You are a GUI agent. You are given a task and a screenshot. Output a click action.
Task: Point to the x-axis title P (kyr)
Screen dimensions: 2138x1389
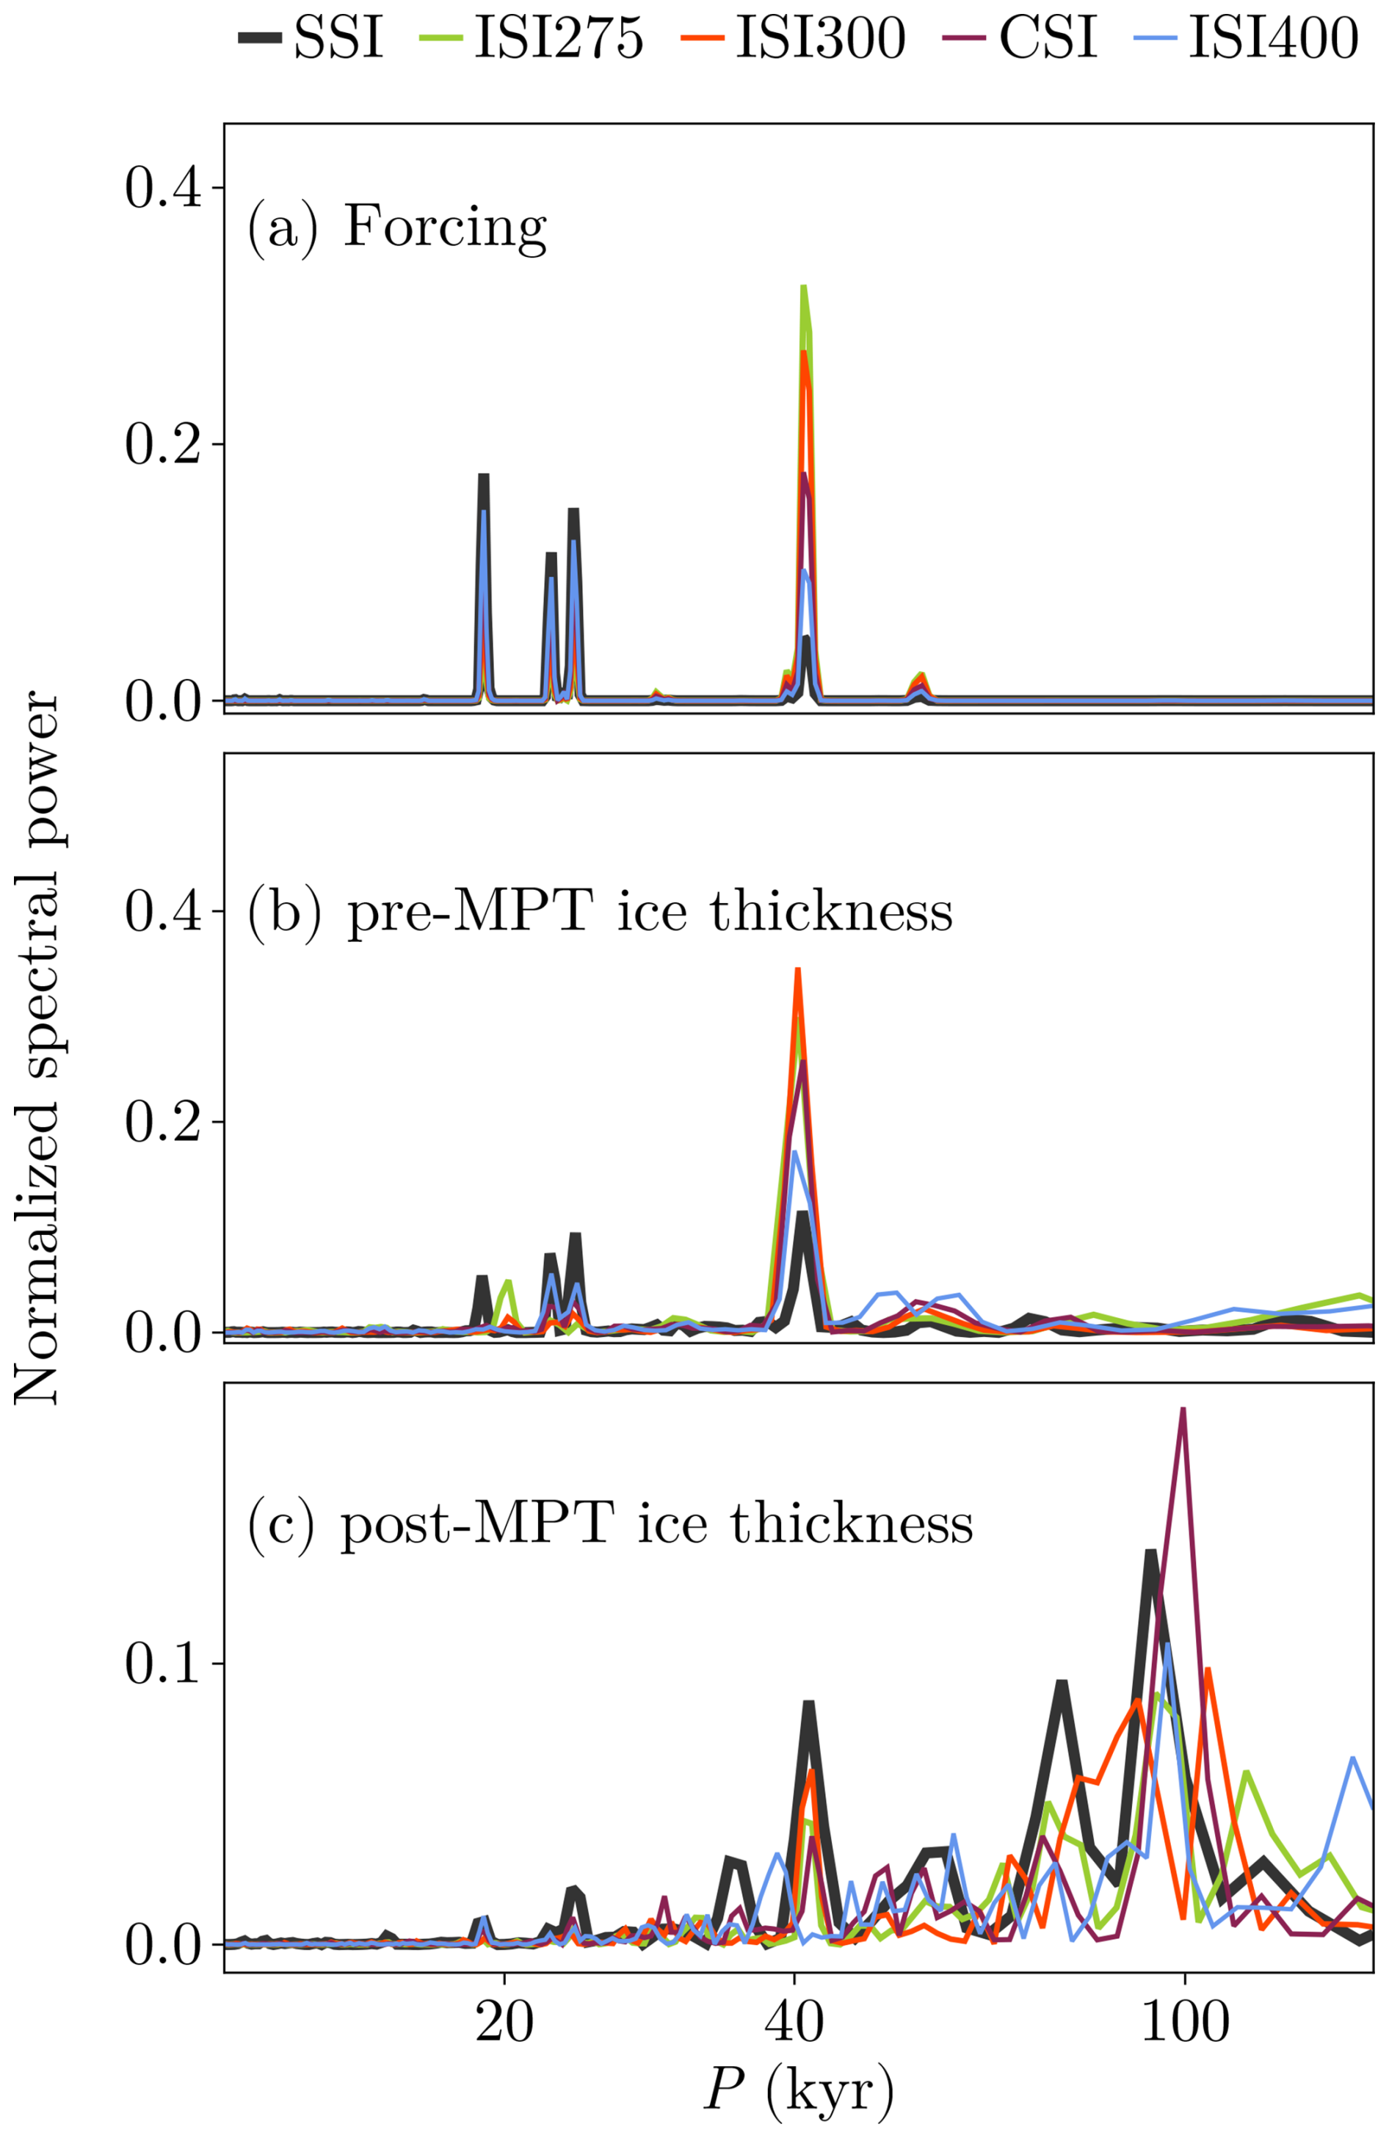[798, 2091]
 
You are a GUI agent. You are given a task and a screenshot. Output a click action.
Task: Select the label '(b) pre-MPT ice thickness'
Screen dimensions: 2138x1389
[599, 912]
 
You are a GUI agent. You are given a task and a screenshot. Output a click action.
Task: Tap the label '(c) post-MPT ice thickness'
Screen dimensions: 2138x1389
[610, 1523]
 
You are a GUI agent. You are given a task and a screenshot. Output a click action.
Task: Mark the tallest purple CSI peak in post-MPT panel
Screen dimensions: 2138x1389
[1183, 1410]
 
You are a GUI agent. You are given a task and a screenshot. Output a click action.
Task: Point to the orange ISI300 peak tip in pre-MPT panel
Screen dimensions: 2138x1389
[797, 970]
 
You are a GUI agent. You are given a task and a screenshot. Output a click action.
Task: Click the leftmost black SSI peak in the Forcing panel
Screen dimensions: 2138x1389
[483, 475]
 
